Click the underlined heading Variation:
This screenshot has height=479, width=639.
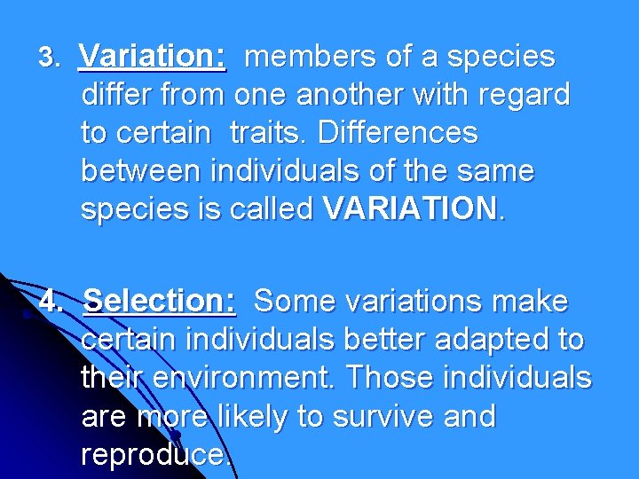pos(152,58)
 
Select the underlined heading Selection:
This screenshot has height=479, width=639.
pos(160,302)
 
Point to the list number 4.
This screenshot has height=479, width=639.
pos(51,302)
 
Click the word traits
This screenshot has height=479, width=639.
pos(269,134)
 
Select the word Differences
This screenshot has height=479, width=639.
pos(398,134)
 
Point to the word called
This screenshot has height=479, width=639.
pos(270,209)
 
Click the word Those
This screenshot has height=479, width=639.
pos(385,379)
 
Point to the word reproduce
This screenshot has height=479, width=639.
pos(156,455)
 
